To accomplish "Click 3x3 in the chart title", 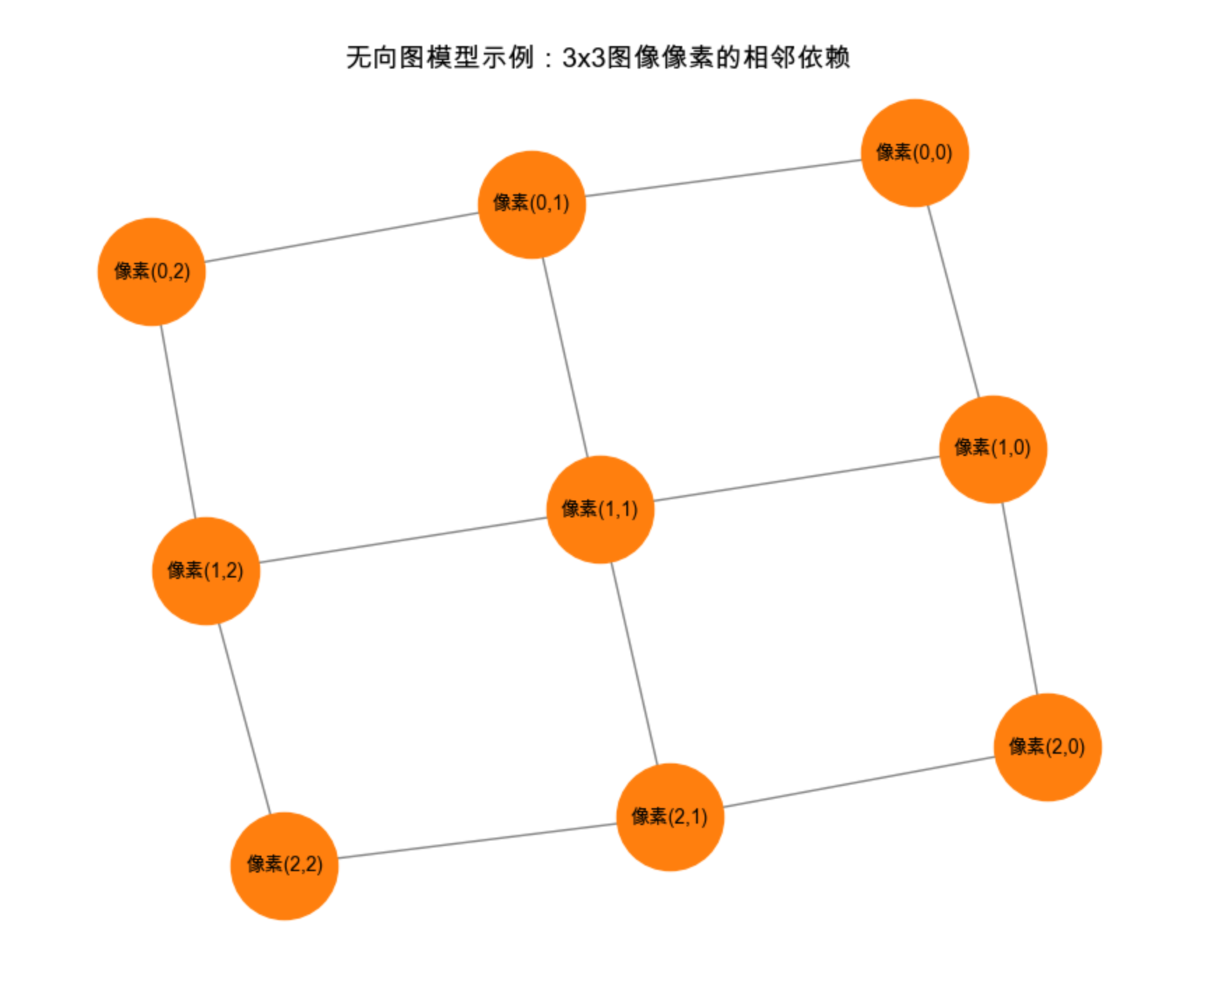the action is click(x=583, y=57).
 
